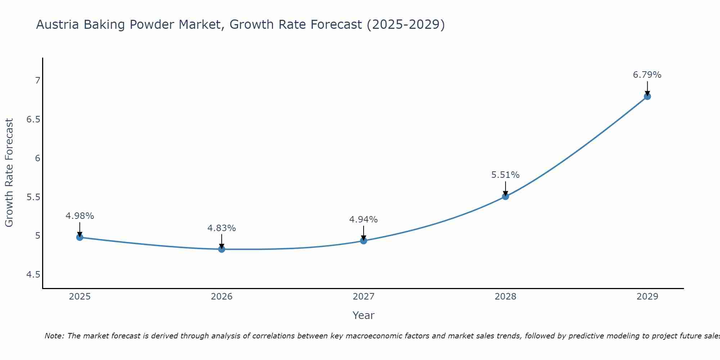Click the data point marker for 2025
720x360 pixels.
80,237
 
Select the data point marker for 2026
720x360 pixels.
222,249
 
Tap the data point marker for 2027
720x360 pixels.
364,240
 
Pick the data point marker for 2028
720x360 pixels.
505,196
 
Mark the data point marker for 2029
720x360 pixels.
647,96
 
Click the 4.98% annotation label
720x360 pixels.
80,216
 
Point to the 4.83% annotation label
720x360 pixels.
222,228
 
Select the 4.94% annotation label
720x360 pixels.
364,220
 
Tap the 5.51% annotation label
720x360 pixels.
505,175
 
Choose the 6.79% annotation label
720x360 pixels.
647,75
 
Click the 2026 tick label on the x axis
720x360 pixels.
222,297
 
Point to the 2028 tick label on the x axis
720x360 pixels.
505,297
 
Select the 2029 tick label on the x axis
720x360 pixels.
647,297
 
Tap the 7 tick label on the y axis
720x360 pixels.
37,81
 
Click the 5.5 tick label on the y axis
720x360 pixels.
33,197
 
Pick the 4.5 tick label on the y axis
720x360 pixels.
33,275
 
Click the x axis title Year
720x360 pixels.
364,315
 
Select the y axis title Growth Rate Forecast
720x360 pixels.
9,173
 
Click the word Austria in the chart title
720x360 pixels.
58,25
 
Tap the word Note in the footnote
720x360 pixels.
54,336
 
